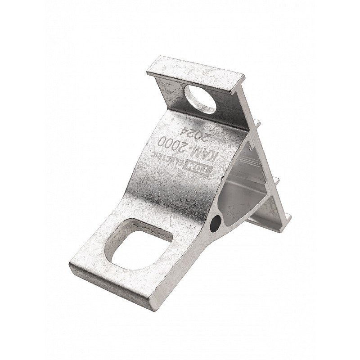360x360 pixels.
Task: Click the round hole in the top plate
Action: click(x=200, y=99)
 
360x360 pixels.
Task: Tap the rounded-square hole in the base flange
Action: click(x=139, y=244)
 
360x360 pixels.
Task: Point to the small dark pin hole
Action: click(x=216, y=222)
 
